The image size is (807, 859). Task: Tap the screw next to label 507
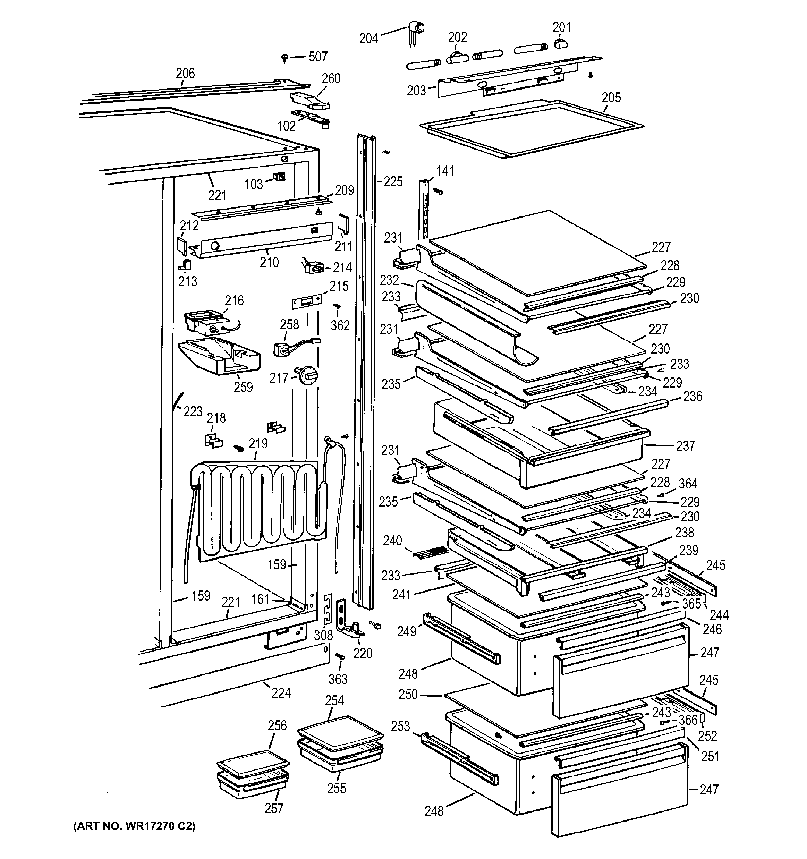[x=285, y=58]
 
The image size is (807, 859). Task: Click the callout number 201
[x=562, y=27]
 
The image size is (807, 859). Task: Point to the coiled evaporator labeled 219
[x=255, y=510]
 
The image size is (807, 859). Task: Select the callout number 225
[x=393, y=181]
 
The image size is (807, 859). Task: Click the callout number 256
[x=277, y=725]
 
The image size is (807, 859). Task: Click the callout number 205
[x=611, y=97]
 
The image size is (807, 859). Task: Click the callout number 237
[x=685, y=445]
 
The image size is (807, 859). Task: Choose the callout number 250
[x=408, y=694]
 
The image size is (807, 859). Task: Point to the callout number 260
[x=331, y=79]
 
